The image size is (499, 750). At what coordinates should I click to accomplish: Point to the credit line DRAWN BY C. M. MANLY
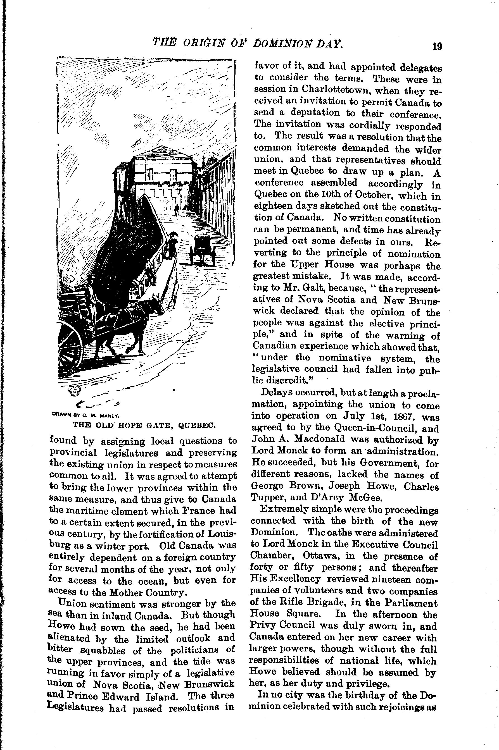click(85, 415)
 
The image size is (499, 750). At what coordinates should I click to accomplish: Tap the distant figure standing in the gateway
click(177, 209)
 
